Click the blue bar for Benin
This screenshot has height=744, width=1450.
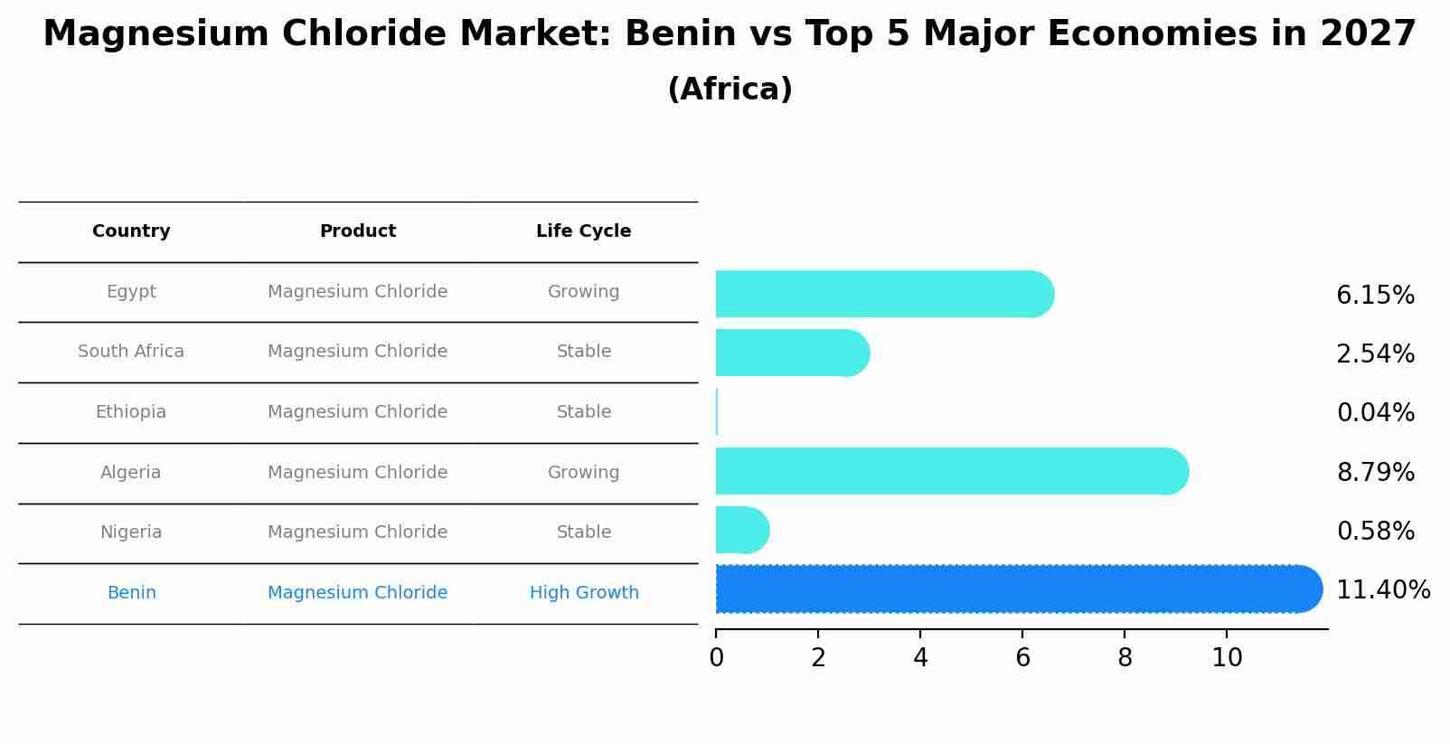tap(1012, 589)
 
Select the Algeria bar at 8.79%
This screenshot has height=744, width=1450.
tap(949, 471)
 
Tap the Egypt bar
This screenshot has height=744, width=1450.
tap(881, 294)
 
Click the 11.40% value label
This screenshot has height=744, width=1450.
tap(1382, 590)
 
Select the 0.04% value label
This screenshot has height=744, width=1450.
tap(1375, 413)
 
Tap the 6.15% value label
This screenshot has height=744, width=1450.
tap(1375, 296)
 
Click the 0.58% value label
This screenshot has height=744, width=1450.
tap(1375, 532)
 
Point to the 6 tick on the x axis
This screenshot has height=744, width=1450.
tap(1022, 657)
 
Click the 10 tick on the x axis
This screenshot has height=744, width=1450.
tap(1227, 657)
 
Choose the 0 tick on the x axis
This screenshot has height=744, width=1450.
tap(716, 657)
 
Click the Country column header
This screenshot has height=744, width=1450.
tap(131, 231)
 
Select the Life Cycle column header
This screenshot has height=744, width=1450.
tap(583, 231)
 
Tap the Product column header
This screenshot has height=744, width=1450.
tap(357, 231)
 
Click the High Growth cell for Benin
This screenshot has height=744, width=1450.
tap(584, 593)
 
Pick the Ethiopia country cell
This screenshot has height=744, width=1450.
tap(131, 412)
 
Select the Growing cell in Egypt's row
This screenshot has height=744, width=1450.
tap(583, 292)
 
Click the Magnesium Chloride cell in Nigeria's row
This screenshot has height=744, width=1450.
tap(357, 532)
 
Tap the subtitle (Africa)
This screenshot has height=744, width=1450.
tap(730, 89)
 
